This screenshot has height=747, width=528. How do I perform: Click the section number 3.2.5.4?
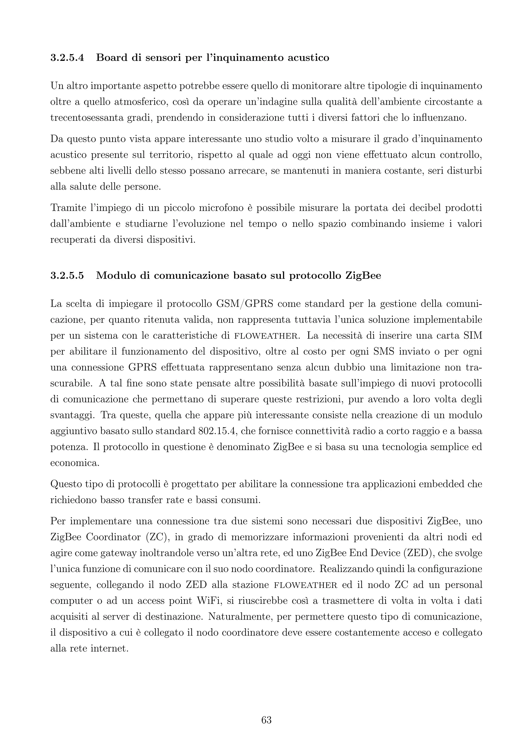pos(67,58)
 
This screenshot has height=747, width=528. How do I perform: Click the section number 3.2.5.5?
pos(67,275)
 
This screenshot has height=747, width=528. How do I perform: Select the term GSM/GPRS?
pos(244,304)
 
